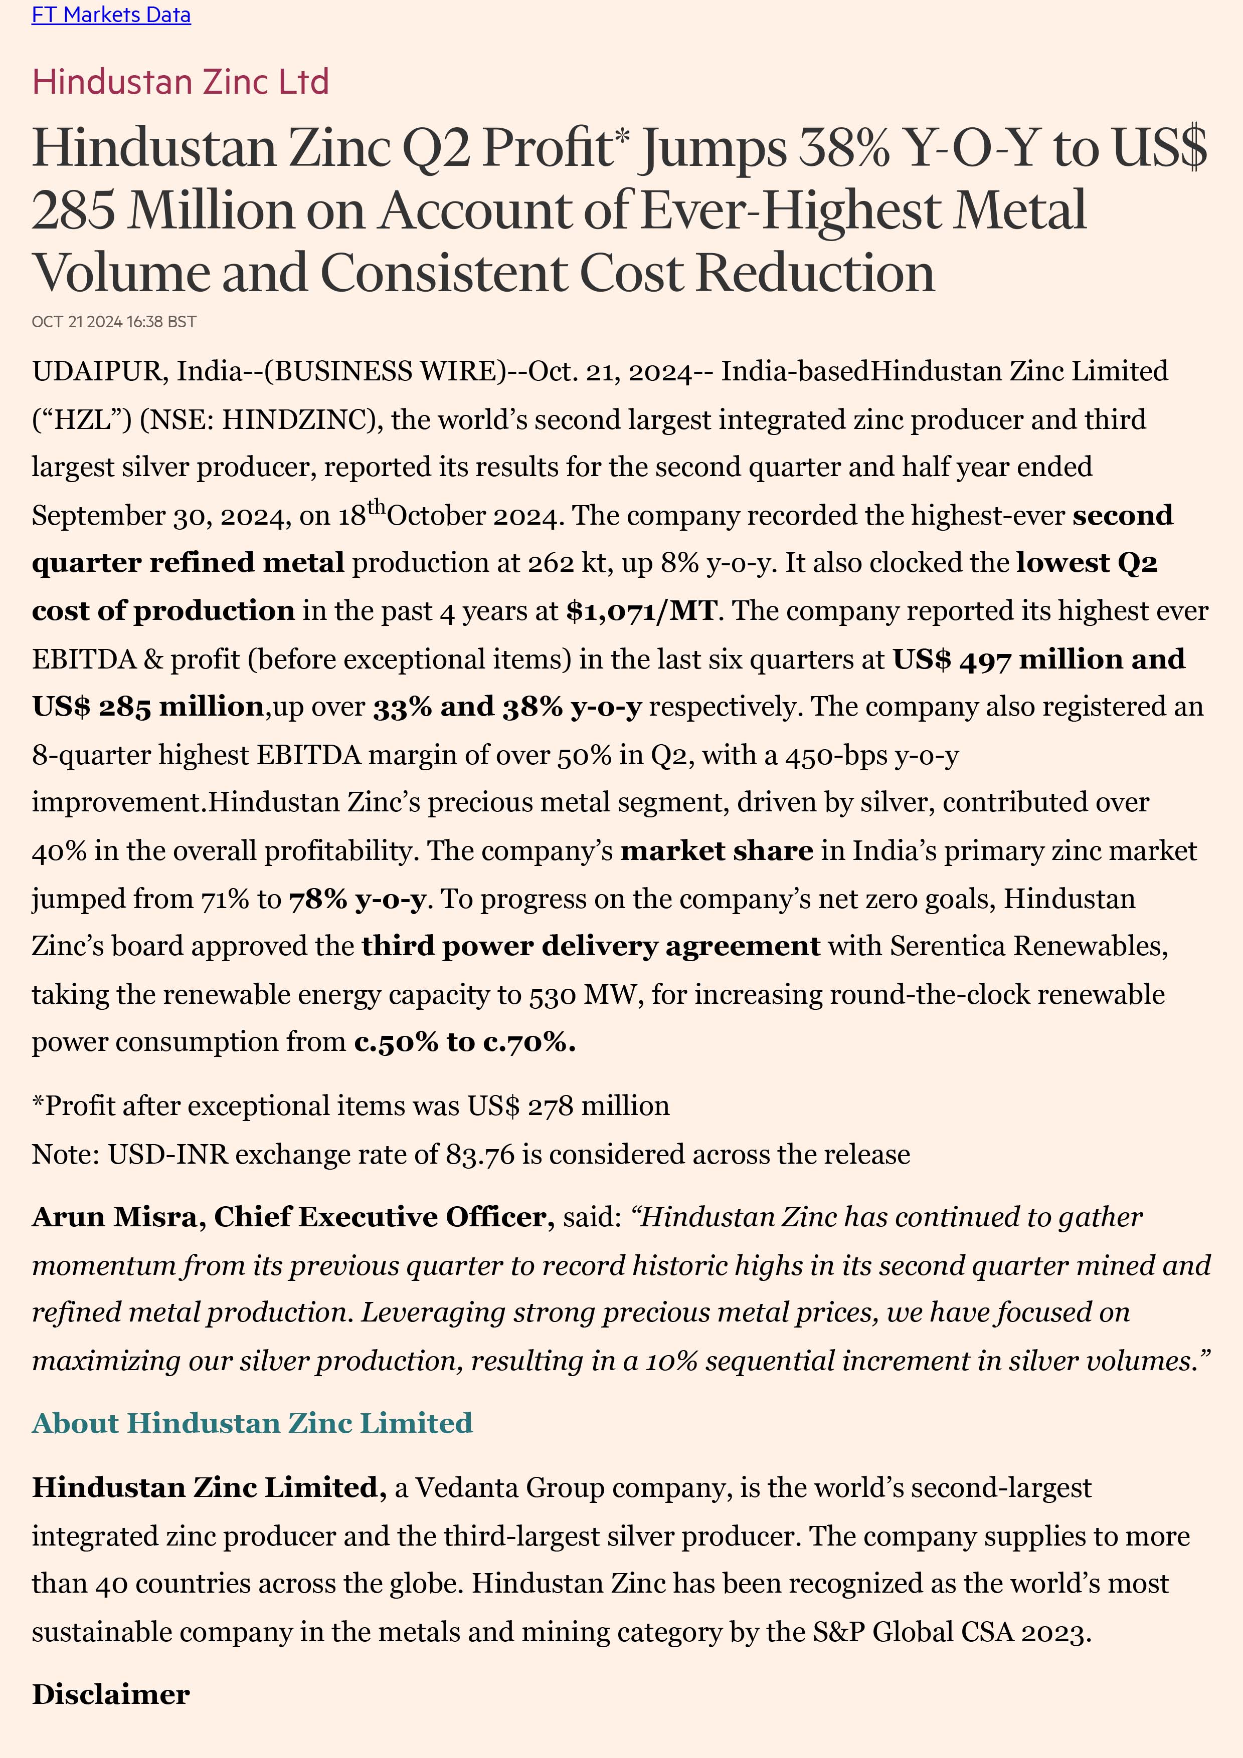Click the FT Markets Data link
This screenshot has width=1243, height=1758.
[111, 15]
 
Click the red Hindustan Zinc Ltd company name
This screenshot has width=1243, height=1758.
[181, 82]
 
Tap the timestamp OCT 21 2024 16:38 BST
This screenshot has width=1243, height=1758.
[114, 322]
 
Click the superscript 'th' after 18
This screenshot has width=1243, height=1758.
[376, 507]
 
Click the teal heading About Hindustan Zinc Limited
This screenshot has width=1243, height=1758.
[252, 1423]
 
